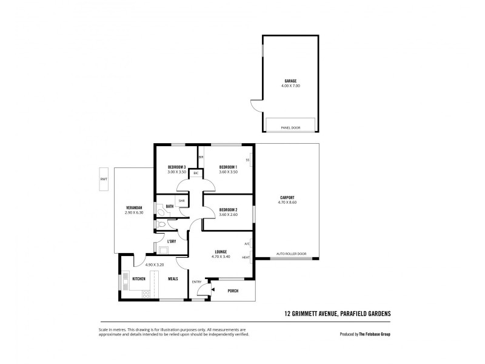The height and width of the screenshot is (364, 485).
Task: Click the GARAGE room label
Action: (291, 81)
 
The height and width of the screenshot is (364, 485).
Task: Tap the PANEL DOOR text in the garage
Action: (291, 128)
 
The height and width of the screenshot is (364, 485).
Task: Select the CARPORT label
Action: (287, 197)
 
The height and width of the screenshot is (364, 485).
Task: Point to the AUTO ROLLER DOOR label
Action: (291, 254)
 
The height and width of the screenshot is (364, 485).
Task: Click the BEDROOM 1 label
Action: (228, 167)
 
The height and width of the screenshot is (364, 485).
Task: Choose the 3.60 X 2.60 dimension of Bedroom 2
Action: (228, 215)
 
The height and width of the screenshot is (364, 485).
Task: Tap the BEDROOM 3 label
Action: (176, 167)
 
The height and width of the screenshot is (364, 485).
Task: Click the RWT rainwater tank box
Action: (103, 179)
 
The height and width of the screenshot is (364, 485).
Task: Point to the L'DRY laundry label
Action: (171, 241)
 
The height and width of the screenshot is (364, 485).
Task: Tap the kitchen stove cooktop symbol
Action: (145, 294)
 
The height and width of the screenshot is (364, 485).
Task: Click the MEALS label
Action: (173, 279)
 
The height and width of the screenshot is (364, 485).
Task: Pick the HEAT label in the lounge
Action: (246, 257)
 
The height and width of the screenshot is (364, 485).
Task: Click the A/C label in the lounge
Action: (247, 244)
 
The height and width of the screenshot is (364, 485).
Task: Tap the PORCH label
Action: (233, 291)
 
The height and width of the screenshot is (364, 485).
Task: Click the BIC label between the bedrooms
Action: (196, 174)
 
